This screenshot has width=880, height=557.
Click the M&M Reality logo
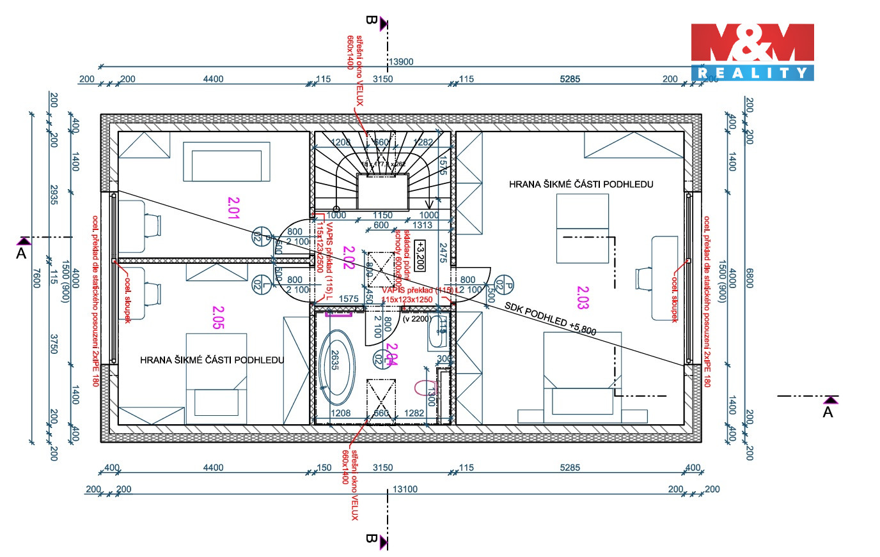[x=752, y=52]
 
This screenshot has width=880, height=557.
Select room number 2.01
[x=233, y=208]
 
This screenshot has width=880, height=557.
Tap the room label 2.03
[x=583, y=298]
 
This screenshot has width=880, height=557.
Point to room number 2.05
[x=218, y=318]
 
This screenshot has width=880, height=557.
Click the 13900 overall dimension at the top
[x=401, y=62]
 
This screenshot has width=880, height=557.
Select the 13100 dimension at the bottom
[x=404, y=489]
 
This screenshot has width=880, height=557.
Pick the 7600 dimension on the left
[x=36, y=278]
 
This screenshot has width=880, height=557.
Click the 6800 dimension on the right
[x=750, y=278]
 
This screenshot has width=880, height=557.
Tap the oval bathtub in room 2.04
[x=336, y=367]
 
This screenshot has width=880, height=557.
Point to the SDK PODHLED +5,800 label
[x=550, y=318]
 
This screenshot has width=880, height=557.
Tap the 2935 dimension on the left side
[x=54, y=195]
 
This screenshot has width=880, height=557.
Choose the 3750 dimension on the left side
[x=54, y=344]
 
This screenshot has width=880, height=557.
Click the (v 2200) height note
[x=416, y=319]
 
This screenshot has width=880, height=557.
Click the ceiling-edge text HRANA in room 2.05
[x=156, y=360]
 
